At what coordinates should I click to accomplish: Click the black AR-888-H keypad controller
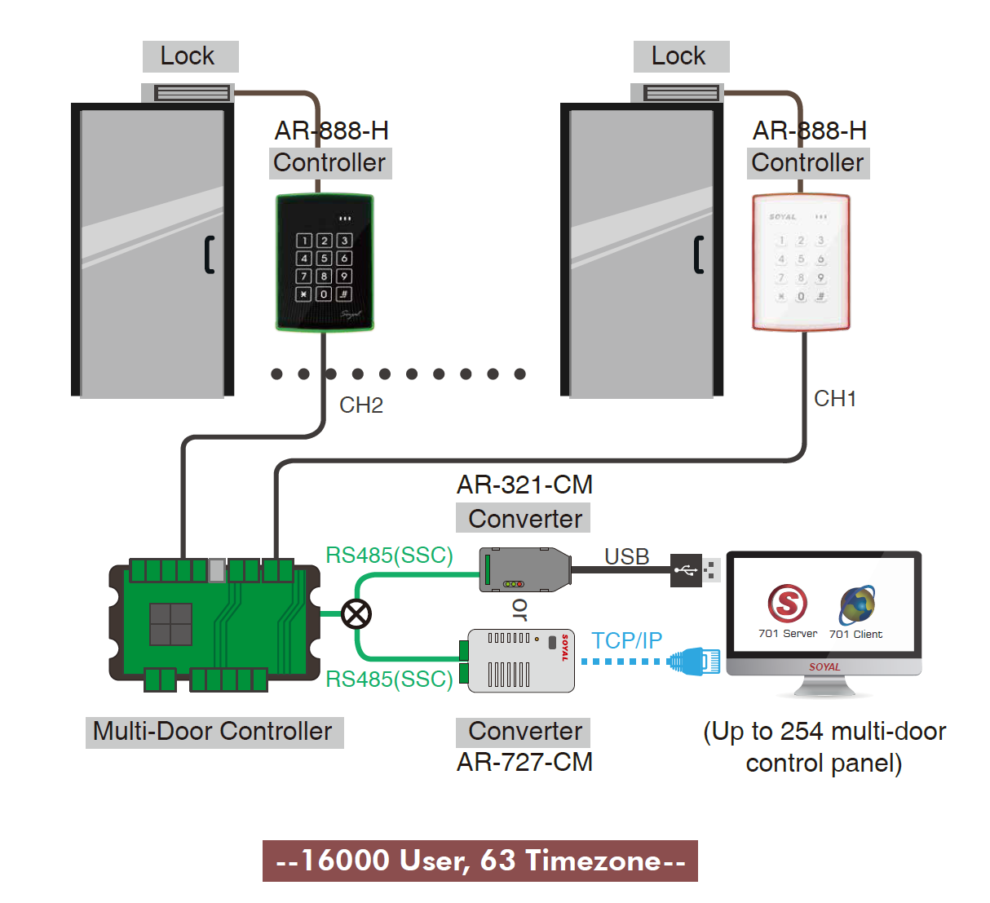point(325,263)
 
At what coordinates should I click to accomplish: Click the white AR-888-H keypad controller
point(801,263)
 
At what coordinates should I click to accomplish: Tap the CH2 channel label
point(361,405)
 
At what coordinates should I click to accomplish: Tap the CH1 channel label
point(835,399)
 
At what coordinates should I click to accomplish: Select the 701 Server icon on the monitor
point(787,604)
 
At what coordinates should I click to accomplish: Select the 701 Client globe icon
point(857,605)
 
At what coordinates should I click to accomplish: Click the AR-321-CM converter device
point(524,569)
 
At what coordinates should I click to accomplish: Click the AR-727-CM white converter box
point(521,661)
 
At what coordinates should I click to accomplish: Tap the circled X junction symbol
point(356,613)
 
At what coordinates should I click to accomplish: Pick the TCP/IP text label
point(626,640)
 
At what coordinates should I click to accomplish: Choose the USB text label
point(626,556)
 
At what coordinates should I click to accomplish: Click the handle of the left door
point(210,255)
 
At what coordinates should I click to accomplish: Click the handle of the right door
point(698,255)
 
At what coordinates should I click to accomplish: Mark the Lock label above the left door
point(188,56)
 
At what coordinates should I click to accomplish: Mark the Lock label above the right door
point(679,56)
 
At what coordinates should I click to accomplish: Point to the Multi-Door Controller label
point(214,732)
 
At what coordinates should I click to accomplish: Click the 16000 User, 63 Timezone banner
point(480,861)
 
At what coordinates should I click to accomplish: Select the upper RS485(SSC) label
point(389,556)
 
